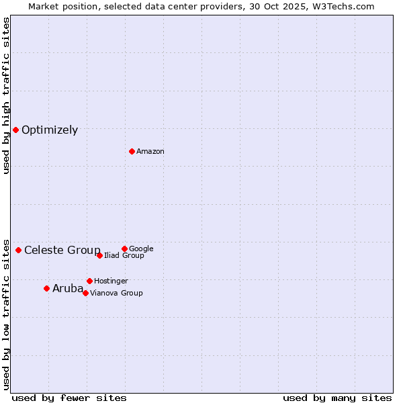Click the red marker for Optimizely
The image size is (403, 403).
pos(15,130)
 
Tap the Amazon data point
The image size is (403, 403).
pos(132,151)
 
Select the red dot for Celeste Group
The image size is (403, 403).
pos(18,250)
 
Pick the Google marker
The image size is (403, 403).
pos(124,249)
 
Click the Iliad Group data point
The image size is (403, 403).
pos(99,255)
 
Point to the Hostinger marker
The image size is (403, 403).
pos(89,281)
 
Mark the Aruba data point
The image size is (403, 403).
pos(46,288)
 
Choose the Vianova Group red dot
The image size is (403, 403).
pos(85,293)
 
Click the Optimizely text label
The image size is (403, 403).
pos(50,130)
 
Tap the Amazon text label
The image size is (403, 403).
pos(150,152)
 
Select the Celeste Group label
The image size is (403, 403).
pos(62,251)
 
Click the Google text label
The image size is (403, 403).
pos(141,249)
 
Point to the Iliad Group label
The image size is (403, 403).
pos(124,256)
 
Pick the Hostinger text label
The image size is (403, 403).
pos(111,281)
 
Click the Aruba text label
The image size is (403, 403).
pos(68,289)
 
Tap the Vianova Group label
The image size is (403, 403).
pos(116,294)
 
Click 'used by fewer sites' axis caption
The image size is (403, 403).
pos(69,398)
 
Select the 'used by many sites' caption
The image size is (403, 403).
pos(337,398)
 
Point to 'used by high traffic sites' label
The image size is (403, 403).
pos(6,95)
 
